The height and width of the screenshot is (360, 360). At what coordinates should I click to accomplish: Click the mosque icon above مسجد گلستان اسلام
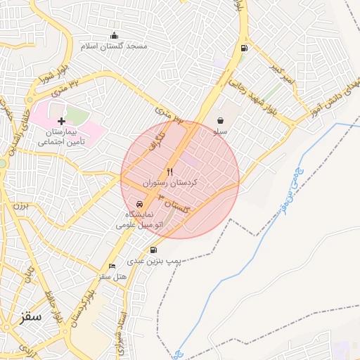(x=115, y=36)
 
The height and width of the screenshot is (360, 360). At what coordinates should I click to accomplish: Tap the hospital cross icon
(x=61, y=121)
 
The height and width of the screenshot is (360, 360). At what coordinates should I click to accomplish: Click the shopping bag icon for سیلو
(x=221, y=120)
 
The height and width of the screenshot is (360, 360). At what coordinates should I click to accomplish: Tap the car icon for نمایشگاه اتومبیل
(x=139, y=204)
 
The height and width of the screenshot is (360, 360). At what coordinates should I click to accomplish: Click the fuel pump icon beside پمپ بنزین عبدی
(x=154, y=250)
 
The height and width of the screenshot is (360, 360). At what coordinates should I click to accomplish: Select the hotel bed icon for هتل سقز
(x=112, y=266)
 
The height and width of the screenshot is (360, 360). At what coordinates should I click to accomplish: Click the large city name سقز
(x=32, y=316)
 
